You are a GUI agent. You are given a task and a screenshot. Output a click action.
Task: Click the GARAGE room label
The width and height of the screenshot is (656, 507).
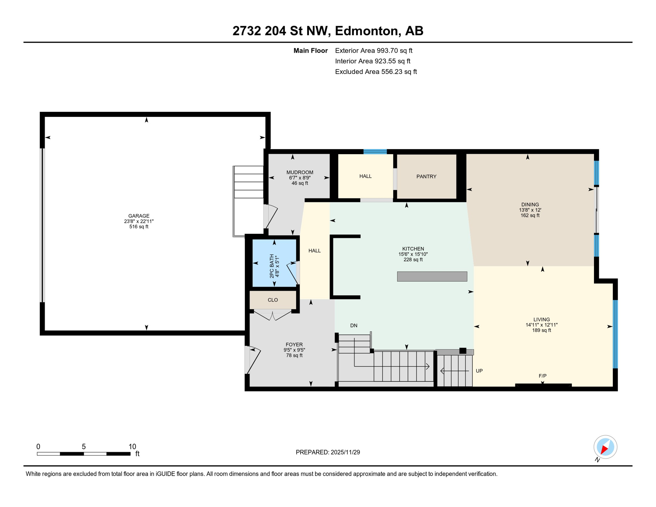[x=139, y=216]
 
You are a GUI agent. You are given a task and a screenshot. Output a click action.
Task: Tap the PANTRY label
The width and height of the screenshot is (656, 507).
[x=426, y=177]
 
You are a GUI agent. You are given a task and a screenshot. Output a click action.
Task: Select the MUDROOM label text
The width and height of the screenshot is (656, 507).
[x=300, y=172]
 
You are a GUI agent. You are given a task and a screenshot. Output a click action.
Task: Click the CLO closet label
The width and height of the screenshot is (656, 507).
[x=273, y=300]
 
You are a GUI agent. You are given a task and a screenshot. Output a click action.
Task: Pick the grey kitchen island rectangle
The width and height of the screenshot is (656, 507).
[x=432, y=277]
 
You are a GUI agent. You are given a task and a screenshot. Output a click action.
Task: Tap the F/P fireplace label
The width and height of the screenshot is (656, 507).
[x=542, y=376]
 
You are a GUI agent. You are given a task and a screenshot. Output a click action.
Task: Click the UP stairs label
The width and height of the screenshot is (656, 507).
[x=479, y=371]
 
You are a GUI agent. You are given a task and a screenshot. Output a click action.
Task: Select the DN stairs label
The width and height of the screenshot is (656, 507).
[x=354, y=326]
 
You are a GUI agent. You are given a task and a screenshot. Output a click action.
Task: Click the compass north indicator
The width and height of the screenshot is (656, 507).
[x=605, y=448]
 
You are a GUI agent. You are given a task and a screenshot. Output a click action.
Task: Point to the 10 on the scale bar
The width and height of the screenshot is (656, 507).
[x=132, y=447]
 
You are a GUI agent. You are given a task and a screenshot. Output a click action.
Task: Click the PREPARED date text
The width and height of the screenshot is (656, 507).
[x=328, y=453]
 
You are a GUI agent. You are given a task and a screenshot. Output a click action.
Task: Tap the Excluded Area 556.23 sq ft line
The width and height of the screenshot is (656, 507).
[x=376, y=72]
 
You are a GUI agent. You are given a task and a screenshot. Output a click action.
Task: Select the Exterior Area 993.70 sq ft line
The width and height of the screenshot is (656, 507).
[x=374, y=51]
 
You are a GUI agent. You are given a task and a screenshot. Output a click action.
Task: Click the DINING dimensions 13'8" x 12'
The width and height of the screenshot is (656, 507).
[x=530, y=210]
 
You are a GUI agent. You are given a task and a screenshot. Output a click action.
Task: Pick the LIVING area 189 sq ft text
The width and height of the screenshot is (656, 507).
[x=541, y=330]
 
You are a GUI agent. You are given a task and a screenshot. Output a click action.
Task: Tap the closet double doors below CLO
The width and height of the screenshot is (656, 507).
[x=273, y=316]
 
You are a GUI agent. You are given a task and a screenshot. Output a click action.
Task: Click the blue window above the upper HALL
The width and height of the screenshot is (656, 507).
[x=375, y=152]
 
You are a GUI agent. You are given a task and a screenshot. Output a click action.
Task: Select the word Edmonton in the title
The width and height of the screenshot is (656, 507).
[x=367, y=31]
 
